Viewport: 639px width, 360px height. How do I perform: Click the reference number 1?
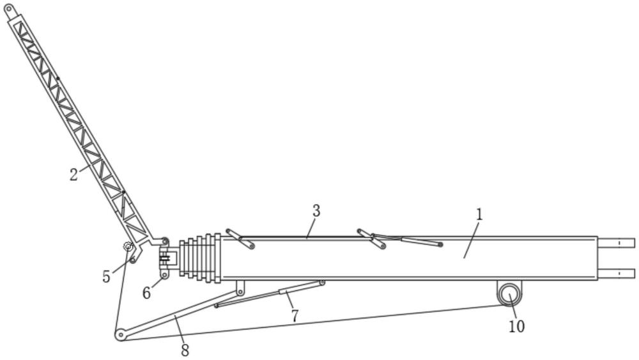coord(479,215)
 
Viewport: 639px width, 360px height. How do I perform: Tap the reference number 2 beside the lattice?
coord(74,174)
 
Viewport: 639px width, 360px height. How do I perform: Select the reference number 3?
coord(316,211)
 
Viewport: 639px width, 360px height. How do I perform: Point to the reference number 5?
coord(106,278)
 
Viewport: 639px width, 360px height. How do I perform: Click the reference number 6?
coord(147,293)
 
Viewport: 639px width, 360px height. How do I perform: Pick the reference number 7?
coord(295,315)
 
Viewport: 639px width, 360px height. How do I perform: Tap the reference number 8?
coord(185,350)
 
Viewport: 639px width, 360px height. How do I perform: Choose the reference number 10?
coord(516,326)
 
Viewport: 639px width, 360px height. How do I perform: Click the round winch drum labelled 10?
coord(509,294)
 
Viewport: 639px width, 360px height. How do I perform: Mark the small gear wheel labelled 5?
coord(128,247)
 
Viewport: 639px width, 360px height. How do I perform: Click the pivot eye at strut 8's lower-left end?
coord(119,334)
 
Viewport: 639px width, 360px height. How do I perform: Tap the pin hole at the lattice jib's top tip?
coord(9,8)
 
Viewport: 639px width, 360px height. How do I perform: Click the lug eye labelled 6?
coord(164,275)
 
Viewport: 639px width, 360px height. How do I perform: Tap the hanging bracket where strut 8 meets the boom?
coord(240,289)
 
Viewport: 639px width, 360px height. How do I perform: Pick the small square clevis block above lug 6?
coord(167,258)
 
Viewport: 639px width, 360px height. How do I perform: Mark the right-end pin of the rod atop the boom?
coord(440,245)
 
